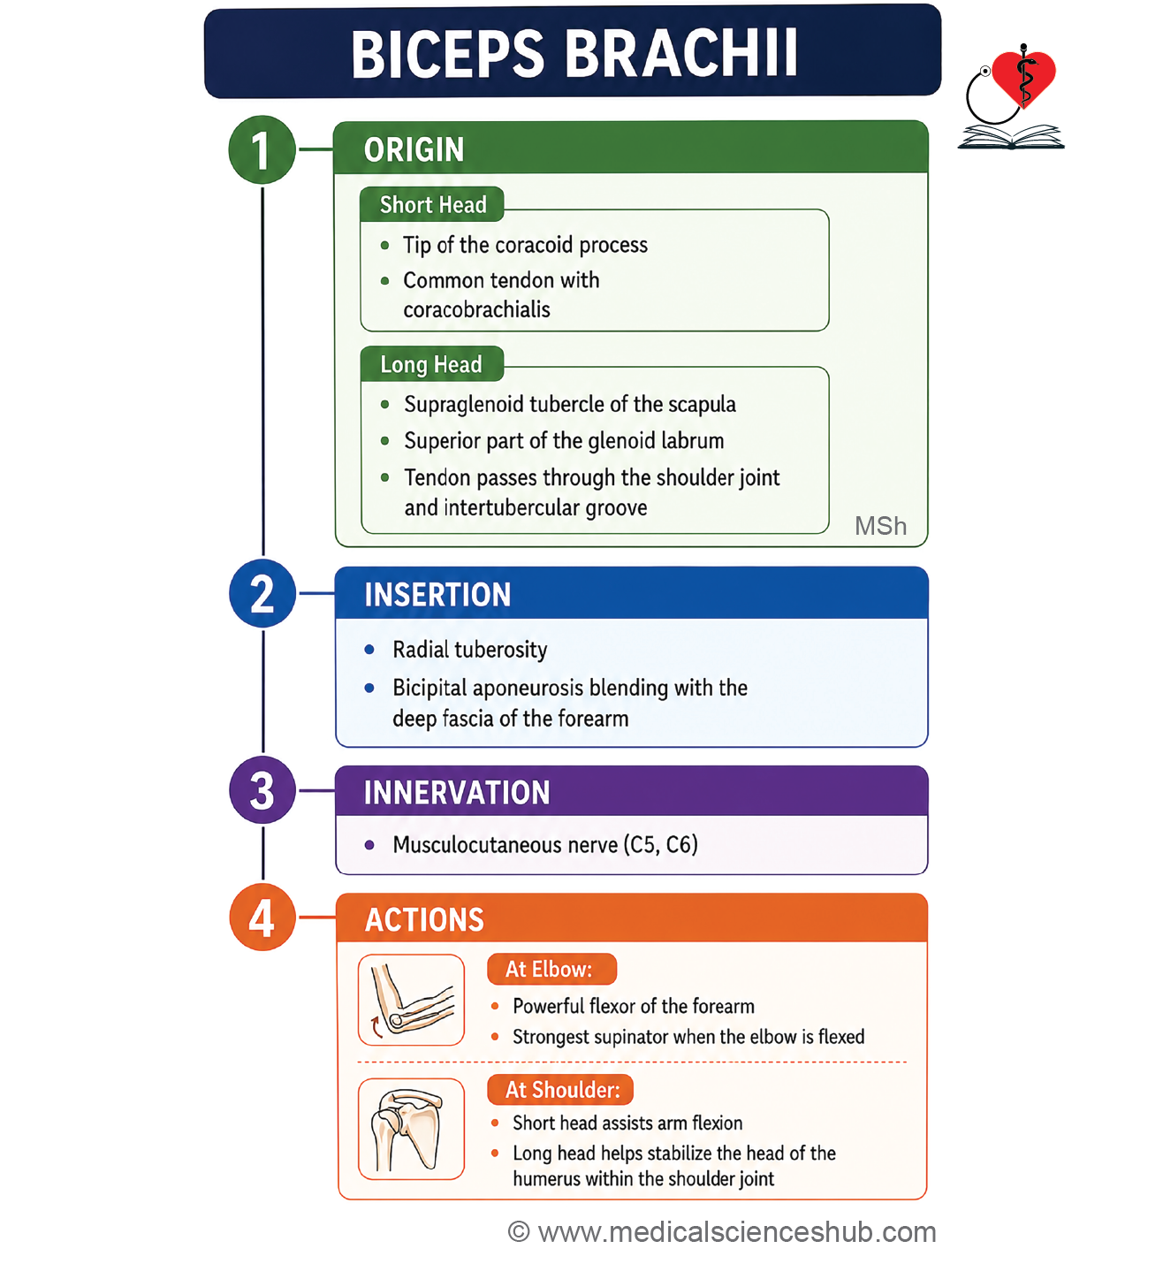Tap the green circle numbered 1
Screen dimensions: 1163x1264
pyautogui.click(x=262, y=150)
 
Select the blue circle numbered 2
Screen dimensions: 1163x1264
pyautogui.click(x=262, y=593)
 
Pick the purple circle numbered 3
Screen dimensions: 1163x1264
pyautogui.click(x=262, y=790)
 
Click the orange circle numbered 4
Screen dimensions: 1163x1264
pyautogui.click(x=262, y=917)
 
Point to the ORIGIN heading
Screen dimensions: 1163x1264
pyautogui.click(x=414, y=150)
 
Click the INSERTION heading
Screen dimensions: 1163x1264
pyautogui.click(x=437, y=594)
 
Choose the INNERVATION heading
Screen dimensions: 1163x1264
pyautogui.click(x=457, y=792)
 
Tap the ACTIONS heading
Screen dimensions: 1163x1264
pyautogui.click(x=424, y=919)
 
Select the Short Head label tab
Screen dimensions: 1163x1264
pyautogui.click(x=432, y=204)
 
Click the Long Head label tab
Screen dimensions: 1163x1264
pyautogui.click(x=431, y=363)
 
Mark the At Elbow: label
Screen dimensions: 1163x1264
pyautogui.click(x=551, y=969)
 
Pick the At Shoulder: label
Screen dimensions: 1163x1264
pyautogui.click(x=560, y=1090)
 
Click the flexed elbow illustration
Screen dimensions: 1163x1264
pyautogui.click(x=412, y=1000)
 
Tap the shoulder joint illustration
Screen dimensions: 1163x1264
pyautogui.click(x=412, y=1129)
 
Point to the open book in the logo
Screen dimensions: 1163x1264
pyautogui.click(x=1011, y=137)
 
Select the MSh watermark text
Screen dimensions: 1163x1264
pyautogui.click(x=881, y=526)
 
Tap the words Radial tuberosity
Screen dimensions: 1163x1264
pyautogui.click(x=470, y=650)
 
